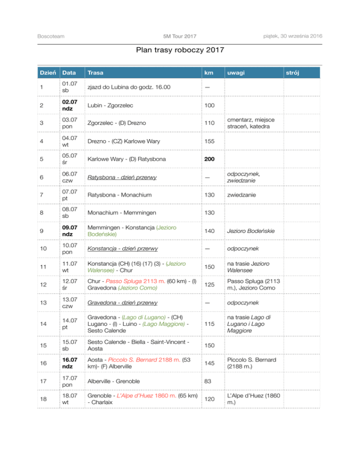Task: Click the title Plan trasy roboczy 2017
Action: (180, 50)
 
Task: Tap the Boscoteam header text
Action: (51, 37)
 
